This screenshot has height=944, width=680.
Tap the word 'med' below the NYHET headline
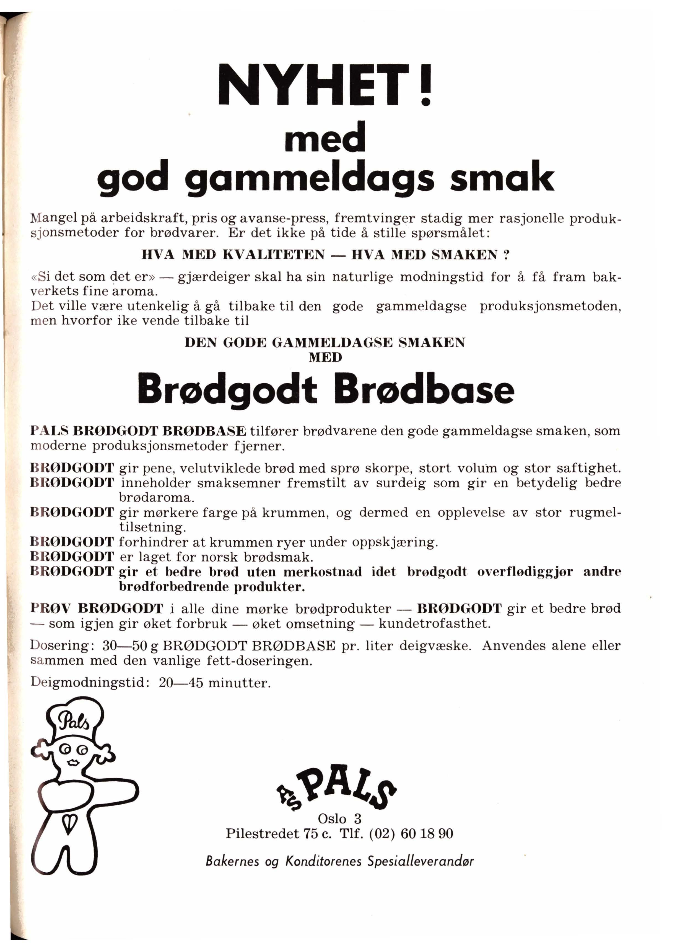click(x=325, y=137)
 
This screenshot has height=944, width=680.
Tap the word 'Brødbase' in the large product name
click(x=426, y=390)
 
